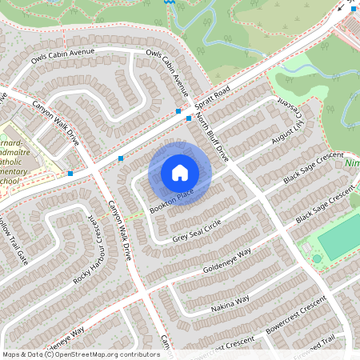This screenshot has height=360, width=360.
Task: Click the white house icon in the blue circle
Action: pos(180,173)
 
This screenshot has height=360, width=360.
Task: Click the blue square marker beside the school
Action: pos(71,173)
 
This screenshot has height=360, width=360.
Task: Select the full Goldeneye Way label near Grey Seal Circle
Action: pos(227,259)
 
